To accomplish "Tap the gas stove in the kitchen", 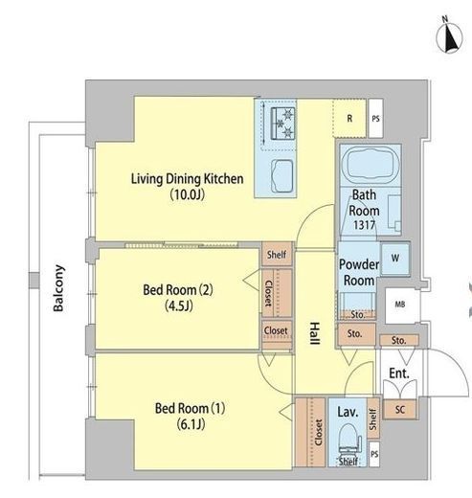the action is pos(282,124).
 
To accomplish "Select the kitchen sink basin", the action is pos(282,176).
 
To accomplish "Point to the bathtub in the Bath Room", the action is pos(371,165).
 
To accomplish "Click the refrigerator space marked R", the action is pos(349,119).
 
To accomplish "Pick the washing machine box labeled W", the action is pos(395,259).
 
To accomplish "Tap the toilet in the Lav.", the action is pos(349,441).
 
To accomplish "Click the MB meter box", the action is pos(401,305).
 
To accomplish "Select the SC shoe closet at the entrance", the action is pos(399,409).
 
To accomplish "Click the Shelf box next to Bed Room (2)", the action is pos(277,255).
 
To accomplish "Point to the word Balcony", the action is pos(58,288).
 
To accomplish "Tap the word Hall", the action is pos(315,333).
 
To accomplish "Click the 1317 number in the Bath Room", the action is pos(364,225).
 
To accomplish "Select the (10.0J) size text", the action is pos(188,194).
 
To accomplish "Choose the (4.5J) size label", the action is pos(178,306).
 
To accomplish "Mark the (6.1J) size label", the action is pos(191,424).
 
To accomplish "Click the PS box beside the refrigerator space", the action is pos(375,119).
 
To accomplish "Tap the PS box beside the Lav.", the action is pos(374,454).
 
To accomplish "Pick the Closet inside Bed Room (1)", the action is pos(310,432).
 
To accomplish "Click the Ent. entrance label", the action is pos(399,373).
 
